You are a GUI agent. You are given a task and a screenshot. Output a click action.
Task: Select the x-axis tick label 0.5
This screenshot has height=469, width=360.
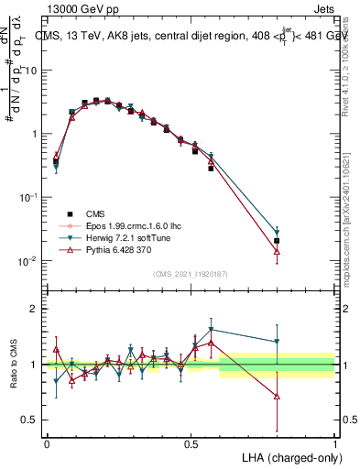pos(191,443)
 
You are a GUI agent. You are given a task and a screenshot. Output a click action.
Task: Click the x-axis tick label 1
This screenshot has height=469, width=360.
pos(334,443)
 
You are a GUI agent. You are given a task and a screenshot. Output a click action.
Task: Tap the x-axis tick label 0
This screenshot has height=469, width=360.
pos(47,443)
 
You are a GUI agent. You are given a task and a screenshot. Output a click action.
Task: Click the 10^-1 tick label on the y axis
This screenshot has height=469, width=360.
pos(28,197)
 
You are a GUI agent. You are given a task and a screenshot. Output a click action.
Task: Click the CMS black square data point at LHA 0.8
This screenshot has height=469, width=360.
pos(277,241)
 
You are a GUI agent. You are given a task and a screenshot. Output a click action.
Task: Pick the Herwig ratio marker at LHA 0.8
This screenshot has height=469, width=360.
pos(277,342)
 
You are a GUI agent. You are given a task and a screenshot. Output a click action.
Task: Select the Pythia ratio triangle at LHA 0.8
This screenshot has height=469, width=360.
pos(277,397)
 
